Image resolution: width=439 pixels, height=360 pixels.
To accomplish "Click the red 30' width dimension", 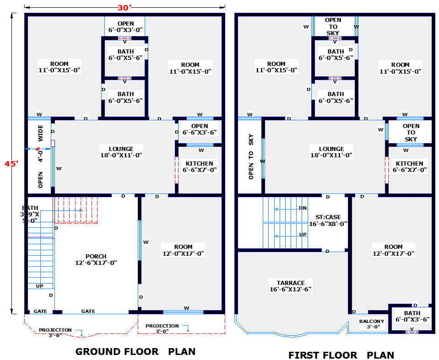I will (124, 8).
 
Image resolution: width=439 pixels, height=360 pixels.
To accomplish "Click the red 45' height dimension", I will (11, 163).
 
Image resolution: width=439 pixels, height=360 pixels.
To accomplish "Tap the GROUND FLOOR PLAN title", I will (135, 352).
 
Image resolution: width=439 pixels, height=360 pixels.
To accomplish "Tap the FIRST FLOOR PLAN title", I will (341, 355).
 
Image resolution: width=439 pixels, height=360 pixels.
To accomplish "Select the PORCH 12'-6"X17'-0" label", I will (96, 259).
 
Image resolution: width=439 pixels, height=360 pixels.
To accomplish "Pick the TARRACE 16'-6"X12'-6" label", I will (291, 286).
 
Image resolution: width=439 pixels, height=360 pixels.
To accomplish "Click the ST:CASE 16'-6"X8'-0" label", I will (328, 220).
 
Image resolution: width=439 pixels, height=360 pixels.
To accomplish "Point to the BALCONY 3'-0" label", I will (372, 324).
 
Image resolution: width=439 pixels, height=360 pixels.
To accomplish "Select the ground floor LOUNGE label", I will (121, 152).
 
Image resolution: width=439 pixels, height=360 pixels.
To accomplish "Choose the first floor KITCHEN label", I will (410, 167).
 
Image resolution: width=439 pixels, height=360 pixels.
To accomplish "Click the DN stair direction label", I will (303, 208).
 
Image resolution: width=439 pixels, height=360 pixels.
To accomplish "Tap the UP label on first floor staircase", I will (303, 234).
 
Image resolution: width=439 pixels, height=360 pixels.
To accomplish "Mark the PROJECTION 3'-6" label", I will (55, 332).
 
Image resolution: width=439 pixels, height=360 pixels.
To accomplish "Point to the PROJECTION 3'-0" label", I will (163, 328).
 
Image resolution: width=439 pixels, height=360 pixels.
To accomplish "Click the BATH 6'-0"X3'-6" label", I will (412, 317).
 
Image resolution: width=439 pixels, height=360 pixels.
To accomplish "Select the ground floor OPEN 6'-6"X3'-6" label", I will (200, 129).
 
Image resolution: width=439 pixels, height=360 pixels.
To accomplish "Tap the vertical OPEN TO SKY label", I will (251, 156).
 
